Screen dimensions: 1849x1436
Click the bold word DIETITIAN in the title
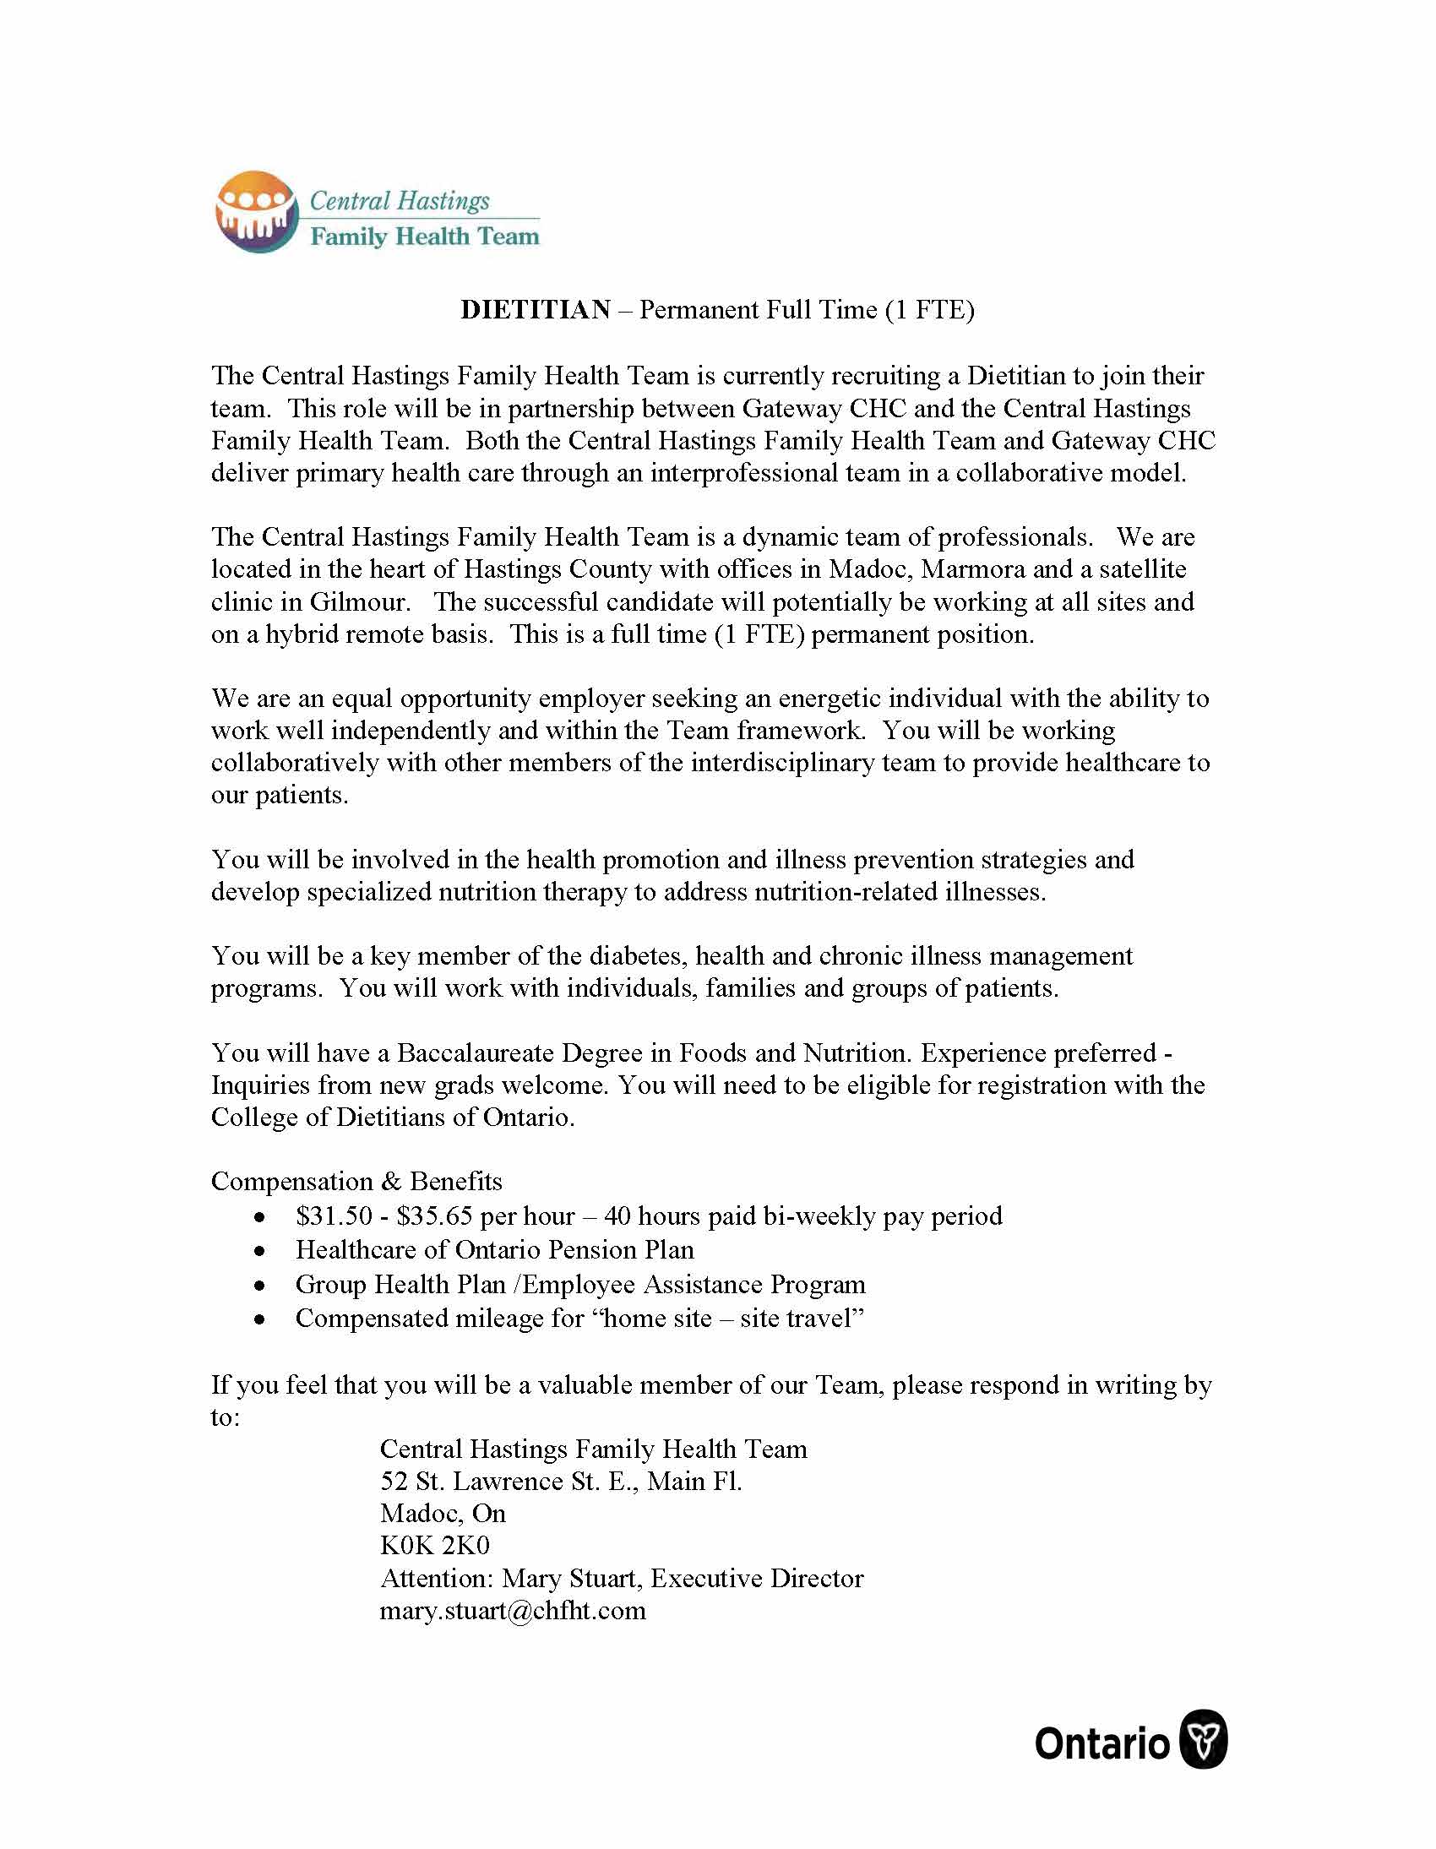click(x=535, y=310)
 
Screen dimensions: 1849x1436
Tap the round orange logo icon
click(x=257, y=213)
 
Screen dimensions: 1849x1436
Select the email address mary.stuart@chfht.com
click(x=512, y=1610)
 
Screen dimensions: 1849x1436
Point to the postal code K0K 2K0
click(x=434, y=1546)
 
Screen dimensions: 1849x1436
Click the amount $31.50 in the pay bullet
click(x=334, y=1216)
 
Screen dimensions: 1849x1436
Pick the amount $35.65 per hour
click(x=433, y=1216)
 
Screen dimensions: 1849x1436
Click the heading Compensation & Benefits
click(x=356, y=1182)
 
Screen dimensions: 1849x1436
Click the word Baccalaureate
click(x=476, y=1053)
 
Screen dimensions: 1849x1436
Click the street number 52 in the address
click(x=394, y=1482)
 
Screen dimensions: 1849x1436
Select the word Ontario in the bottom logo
click(x=1101, y=1744)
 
